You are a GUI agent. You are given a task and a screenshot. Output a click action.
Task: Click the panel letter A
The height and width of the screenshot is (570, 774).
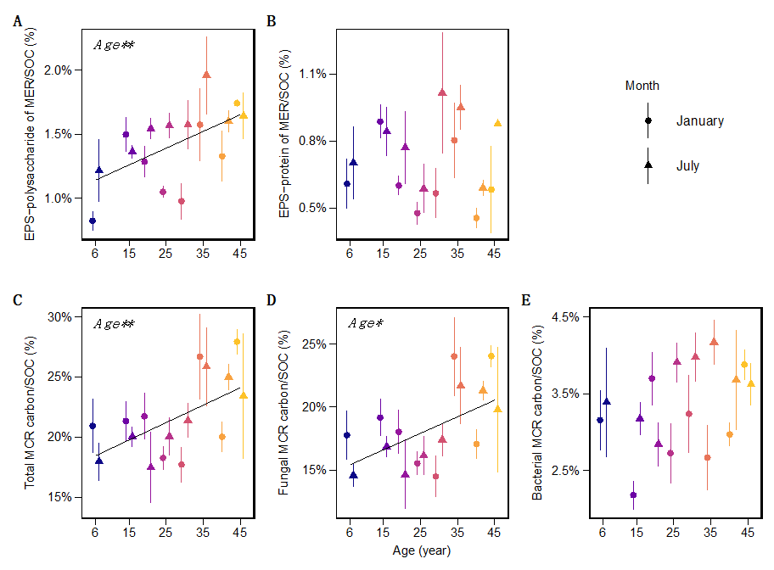[x=17, y=21]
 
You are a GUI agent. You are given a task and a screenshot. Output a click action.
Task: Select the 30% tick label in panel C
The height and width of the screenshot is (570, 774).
[x=62, y=317]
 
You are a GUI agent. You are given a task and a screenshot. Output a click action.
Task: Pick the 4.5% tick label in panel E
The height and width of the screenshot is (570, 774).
[x=567, y=317]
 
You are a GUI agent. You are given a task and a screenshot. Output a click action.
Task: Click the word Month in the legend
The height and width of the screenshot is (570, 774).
[x=642, y=86]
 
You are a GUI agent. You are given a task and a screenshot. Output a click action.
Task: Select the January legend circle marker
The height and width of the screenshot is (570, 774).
[x=648, y=121]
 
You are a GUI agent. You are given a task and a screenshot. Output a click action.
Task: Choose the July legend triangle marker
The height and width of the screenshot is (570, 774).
[x=648, y=165]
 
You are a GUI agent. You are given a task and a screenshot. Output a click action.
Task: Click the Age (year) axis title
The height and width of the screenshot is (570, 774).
[x=422, y=550]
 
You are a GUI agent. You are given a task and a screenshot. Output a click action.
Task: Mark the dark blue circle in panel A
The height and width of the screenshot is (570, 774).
[x=93, y=221]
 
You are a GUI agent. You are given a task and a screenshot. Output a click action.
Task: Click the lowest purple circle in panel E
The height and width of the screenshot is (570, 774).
[x=633, y=495]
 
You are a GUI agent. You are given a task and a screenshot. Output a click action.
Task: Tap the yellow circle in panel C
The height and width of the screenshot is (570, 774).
[x=237, y=342]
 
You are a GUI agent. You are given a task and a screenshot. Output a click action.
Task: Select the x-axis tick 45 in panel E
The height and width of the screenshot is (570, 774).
[x=748, y=532]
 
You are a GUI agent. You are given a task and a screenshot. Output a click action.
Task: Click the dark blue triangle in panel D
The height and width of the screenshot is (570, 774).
[x=353, y=476]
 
